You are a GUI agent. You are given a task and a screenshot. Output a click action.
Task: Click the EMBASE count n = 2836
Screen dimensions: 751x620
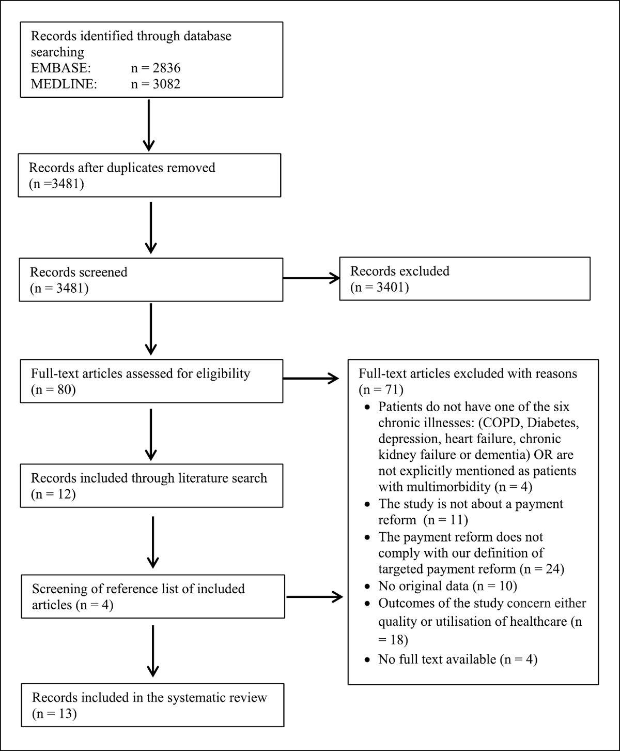click(x=156, y=68)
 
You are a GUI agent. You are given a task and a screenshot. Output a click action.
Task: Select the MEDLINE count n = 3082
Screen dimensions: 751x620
click(x=156, y=84)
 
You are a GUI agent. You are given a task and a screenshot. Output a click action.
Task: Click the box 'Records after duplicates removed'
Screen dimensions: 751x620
click(x=149, y=175)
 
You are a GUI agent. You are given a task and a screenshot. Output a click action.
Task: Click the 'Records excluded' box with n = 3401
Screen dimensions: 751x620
click(x=464, y=279)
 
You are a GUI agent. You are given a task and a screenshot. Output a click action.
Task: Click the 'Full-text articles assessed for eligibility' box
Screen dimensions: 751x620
click(x=151, y=381)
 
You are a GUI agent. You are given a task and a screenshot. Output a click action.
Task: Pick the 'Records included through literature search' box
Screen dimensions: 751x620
click(x=151, y=486)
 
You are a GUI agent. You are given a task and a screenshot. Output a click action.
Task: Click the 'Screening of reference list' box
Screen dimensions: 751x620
click(x=152, y=596)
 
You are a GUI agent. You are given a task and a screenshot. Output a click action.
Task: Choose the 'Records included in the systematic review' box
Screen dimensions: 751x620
click(x=152, y=705)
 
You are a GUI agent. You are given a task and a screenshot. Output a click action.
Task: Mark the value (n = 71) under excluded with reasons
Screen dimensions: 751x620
click(x=381, y=389)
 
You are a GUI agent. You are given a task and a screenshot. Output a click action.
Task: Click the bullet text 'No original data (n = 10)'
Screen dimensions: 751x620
click(x=447, y=586)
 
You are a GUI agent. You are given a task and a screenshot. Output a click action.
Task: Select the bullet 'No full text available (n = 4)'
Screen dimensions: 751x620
click(x=458, y=659)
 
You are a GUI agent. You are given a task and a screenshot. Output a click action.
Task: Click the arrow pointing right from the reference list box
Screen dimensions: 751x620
click(x=314, y=597)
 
